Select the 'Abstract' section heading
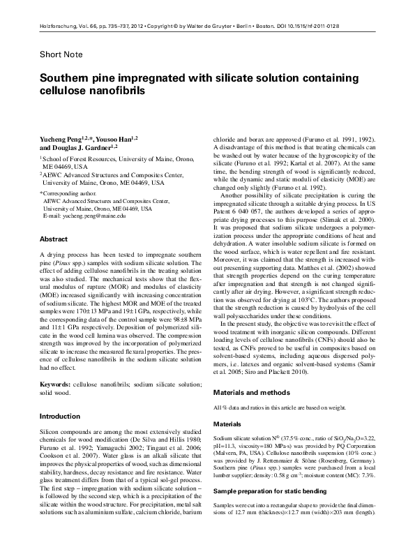point(53,239)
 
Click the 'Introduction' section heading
point(60,417)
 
